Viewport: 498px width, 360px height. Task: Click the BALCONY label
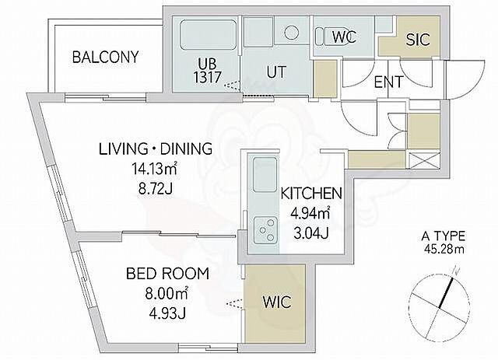point(106,57)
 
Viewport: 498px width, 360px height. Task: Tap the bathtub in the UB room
point(208,34)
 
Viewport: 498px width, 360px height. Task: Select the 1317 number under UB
point(208,77)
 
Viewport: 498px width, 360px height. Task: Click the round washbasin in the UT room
point(292,33)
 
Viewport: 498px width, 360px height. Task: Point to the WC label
point(344,37)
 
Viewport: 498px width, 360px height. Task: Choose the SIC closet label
point(418,40)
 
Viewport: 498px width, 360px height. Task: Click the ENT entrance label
point(388,82)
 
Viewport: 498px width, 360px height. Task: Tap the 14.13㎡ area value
point(154,169)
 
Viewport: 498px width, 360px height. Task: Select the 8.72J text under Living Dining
point(156,189)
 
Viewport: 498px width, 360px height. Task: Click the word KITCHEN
point(311,194)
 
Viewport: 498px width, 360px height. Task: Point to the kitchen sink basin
point(265,175)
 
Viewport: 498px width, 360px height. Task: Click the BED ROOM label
point(168,274)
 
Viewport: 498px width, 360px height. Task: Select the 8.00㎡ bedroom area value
point(167,293)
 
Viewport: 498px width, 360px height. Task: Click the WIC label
point(277,302)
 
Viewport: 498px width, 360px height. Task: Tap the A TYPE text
point(443,236)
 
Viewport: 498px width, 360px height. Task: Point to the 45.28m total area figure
point(444,250)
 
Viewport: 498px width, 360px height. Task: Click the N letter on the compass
point(457,271)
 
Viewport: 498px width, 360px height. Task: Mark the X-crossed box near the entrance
point(424,161)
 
